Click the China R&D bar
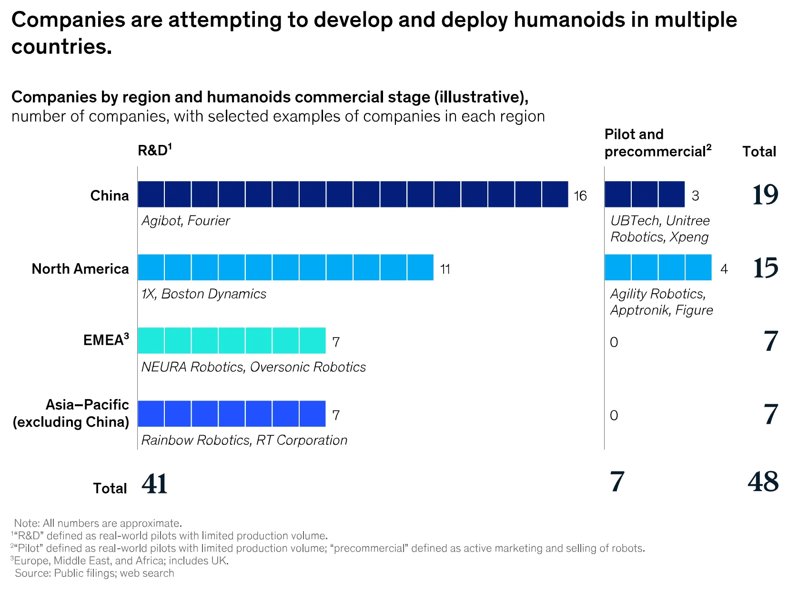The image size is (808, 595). pyautogui.click(x=353, y=195)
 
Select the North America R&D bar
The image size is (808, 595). pyautogui.click(x=285, y=267)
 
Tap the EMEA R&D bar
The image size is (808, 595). pyautogui.click(x=232, y=340)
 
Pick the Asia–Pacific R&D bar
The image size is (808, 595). pyautogui.click(x=232, y=414)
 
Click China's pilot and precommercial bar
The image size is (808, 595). pyautogui.click(x=644, y=195)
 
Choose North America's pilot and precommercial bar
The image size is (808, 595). pyautogui.click(x=658, y=267)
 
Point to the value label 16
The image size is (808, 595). pyautogui.click(x=580, y=196)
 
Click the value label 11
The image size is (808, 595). pyautogui.click(x=445, y=269)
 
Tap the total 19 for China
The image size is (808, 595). pyautogui.click(x=765, y=195)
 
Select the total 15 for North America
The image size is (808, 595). pyautogui.click(x=766, y=268)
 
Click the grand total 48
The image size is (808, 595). pyautogui.click(x=763, y=482)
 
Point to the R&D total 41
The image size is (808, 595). pyautogui.click(x=154, y=484)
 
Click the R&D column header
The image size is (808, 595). pyautogui.click(x=154, y=151)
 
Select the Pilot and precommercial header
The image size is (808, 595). pyautogui.click(x=657, y=143)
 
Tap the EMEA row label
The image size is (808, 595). pyautogui.click(x=106, y=340)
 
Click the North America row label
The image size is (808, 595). pyautogui.click(x=80, y=269)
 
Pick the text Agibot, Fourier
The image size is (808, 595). pyautogui.click(x=186, y=221)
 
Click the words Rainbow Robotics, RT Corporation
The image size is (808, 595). pyautogui.click(x=244, y=440)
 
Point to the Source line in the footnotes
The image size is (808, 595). pyautogui.click(x=94, y=573)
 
